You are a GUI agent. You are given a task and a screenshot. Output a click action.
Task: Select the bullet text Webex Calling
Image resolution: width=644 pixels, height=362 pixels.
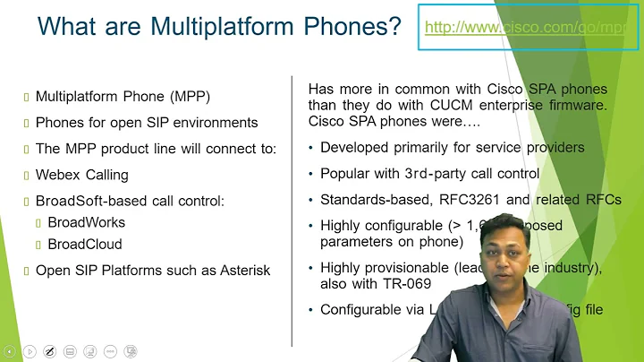tap(81, 175)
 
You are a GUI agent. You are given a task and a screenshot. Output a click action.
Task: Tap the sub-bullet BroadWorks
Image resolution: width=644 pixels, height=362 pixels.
tap(86, 221)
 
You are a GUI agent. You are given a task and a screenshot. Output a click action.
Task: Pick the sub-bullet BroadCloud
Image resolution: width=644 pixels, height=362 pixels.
tap(84, 244)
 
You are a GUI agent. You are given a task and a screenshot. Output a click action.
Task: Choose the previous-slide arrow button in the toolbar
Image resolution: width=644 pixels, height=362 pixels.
tap(9, 350)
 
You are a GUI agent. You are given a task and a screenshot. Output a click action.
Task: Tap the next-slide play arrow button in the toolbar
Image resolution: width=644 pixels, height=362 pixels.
tap(30, 350)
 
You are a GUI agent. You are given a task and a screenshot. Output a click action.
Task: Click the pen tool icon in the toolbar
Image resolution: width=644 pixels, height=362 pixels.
tap(50, 350)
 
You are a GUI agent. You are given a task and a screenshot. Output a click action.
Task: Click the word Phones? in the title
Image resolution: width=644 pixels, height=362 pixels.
tap(348, 26)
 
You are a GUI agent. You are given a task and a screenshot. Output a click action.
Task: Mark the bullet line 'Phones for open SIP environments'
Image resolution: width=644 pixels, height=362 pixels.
tap(147, 122)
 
